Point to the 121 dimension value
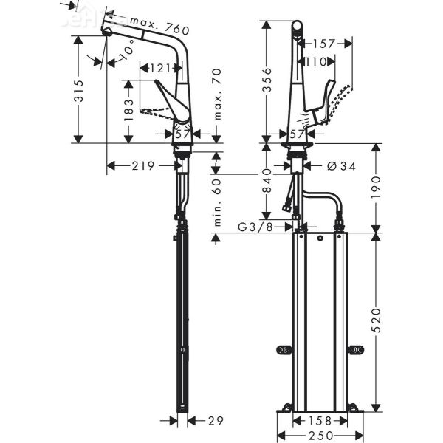[x=157, y=68]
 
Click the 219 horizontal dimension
[x=143, y=166]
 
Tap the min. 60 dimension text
[x=216, y=202]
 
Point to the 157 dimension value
[x=323, y=43]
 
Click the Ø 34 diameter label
[x=340, y=166]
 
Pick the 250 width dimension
[x=320, y=436]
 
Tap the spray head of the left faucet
[x=107, y=26]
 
